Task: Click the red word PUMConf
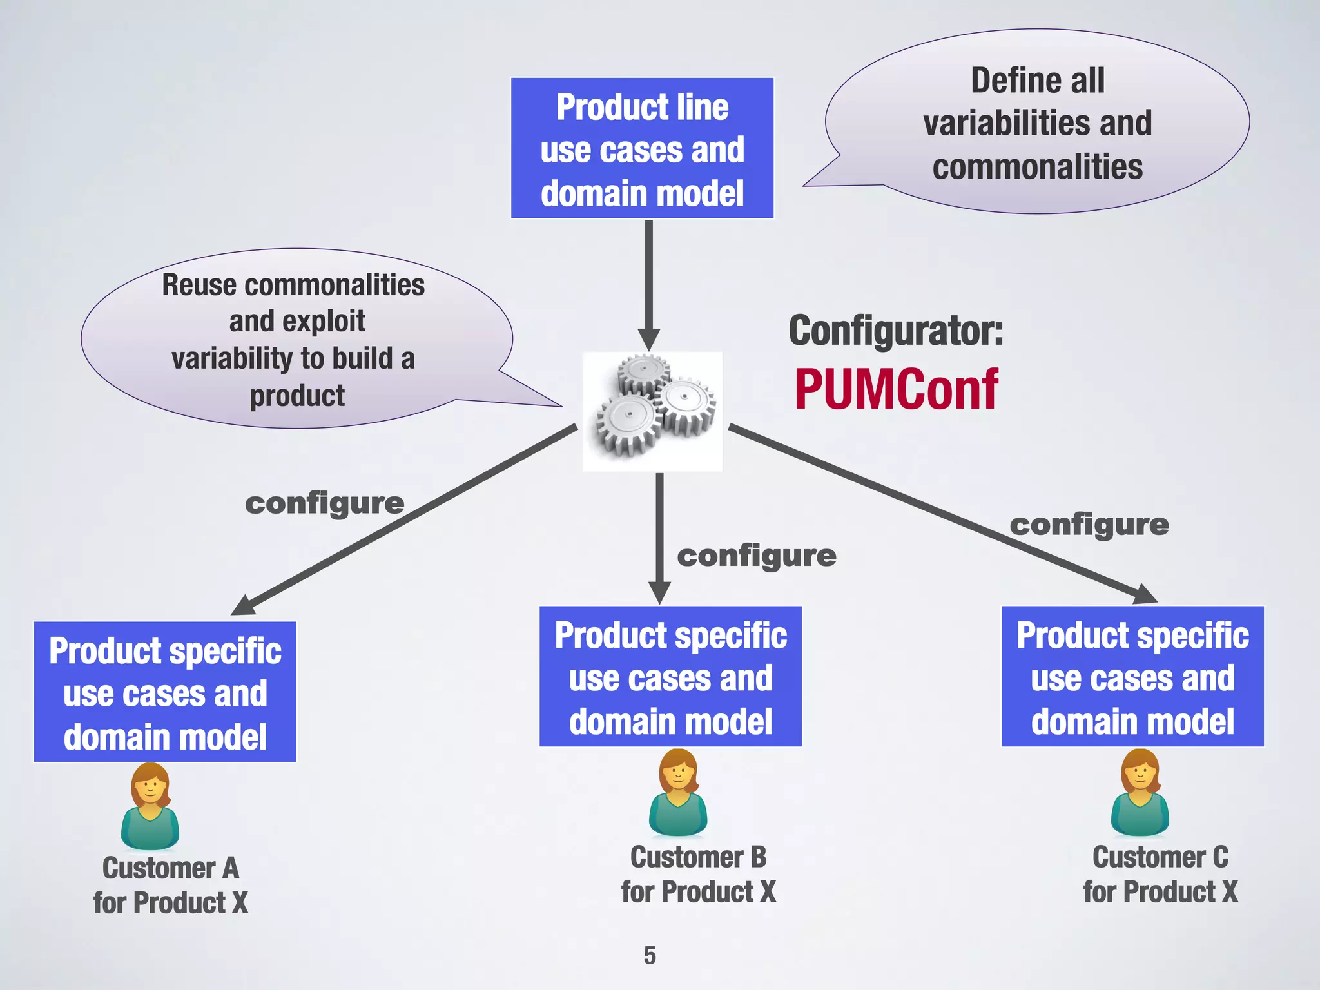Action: click(x=896, y=390)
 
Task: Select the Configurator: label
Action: click(x=896, y=331)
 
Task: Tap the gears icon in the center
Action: click(x=652, y=411)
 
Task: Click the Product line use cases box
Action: click(x=642, y=149)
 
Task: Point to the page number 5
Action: click(x=650, y=955)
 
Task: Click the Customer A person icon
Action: click(x=150, y=806)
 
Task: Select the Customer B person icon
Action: click(x=678, y=793)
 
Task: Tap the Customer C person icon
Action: click(x=1140, y=793)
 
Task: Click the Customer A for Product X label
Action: click(x=171, y=885)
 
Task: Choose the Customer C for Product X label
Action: click(x=1160, y=875)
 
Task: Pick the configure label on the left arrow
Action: click(x=325, y=503)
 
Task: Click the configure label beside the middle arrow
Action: click(x=757, y=556)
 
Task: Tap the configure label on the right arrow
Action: click(x=1089, y=525)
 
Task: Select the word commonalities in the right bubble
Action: click(x=1038, y=167)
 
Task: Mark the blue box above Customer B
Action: click(x=670, y=677)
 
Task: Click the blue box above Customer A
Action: click(x=165, y=692)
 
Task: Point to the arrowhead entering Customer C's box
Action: click(x=1144, y=594)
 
